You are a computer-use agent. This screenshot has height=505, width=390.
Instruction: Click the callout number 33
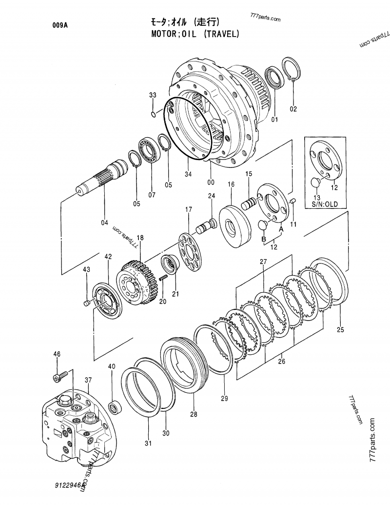pyautogui.click(x=153, y=95)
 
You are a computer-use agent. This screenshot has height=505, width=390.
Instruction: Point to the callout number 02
pyautogui.click(x=293, y=109)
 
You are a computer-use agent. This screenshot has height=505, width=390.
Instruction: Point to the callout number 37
pyautogui.click(x=88, y=380)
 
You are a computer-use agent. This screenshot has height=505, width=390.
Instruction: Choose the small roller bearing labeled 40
pyautogui.click(x=116, y=405)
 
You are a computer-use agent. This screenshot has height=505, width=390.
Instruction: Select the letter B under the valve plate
pyautogui.click(x=264, y=239)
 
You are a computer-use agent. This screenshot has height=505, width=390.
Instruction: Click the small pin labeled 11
pyautogui.click(x=293, y=201)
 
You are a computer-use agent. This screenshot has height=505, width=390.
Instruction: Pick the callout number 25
pyautogui.click(x=340, y=330)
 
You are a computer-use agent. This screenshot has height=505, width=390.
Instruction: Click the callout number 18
pyautogui.click(x=140, y=238)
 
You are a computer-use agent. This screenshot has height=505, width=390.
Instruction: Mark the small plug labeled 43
pyautogui.click(x=87, y=303)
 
